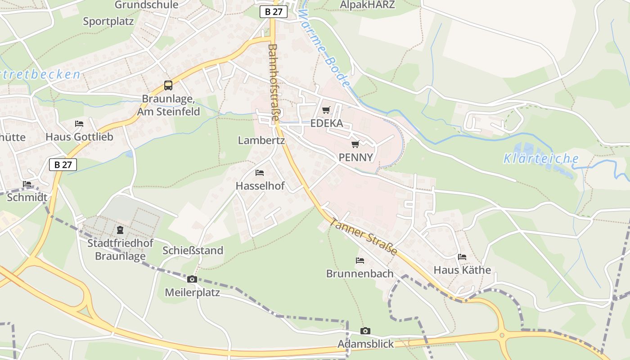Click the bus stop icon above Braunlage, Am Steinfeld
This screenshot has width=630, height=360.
[168, 85]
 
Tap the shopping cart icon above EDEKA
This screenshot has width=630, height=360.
[326, 110]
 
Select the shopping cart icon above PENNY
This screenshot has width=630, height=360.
[355, 144]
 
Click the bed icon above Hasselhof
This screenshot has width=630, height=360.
[260, 172]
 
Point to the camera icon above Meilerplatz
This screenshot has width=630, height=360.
[192, 279]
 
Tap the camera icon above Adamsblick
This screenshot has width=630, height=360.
[365, 331]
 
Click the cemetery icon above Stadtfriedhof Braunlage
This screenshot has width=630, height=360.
[120, 230]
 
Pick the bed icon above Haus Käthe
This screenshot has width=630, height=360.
[462, 257]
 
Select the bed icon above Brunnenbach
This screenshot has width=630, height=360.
[360, 260]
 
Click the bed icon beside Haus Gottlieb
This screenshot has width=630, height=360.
[79, 123]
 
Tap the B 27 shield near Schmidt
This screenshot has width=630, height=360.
[63, 165]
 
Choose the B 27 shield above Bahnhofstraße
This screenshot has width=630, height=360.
[274, 12]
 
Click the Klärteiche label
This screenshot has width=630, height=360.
[541, 158]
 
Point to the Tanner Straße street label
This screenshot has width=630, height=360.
[364, 237]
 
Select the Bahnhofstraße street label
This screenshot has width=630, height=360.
[273, 82]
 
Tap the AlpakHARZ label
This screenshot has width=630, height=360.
[367, 5]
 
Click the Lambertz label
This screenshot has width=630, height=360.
[261, 140]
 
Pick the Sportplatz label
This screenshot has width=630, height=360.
[108, 21]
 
